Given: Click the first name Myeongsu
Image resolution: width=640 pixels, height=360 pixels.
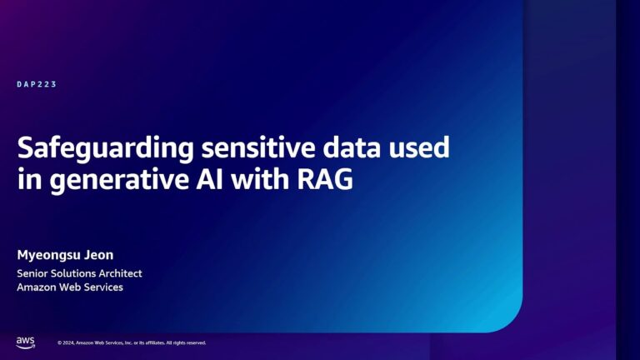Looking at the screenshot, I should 47,254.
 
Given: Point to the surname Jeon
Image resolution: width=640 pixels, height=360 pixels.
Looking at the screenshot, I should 97,253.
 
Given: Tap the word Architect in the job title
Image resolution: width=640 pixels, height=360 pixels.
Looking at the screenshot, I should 122,272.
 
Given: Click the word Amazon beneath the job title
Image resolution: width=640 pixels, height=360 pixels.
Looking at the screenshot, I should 38,287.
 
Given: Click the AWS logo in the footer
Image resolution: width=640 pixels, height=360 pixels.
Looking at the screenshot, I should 24,342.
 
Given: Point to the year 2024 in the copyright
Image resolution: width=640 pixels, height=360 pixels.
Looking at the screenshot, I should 67,342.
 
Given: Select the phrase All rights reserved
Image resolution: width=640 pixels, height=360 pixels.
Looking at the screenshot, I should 187,342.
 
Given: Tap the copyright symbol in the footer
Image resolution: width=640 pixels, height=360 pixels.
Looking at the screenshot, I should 59,342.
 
